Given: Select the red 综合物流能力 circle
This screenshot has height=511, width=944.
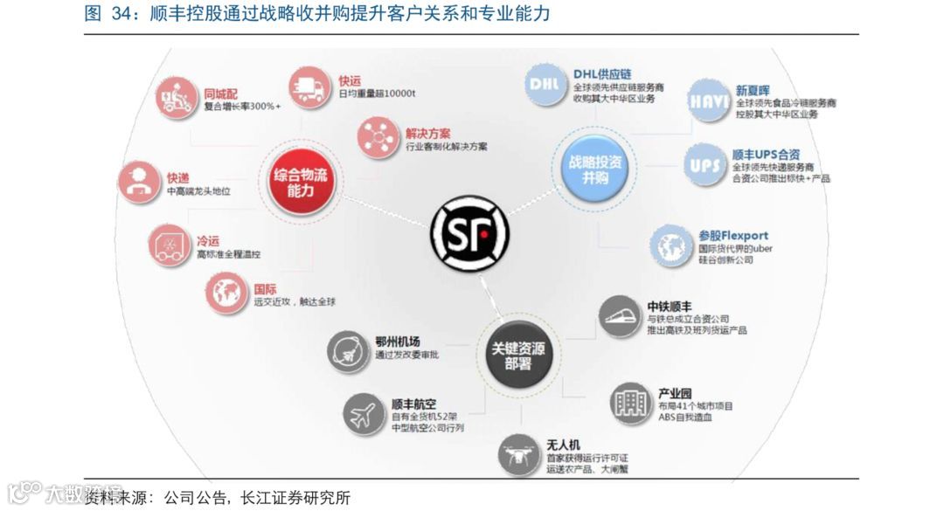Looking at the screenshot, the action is pos(300,182).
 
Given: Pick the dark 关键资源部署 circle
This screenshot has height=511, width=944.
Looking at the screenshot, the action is pos(517,356).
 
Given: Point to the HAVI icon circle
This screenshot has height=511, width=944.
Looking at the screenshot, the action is pos(708,101).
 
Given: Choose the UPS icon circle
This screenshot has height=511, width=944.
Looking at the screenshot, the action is pos(705,164).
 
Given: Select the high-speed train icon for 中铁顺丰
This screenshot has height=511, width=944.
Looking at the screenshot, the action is pos(621,317).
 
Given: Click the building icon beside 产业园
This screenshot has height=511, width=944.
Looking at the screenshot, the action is pos(631,404).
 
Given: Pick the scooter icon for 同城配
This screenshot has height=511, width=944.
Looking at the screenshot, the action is pos(177,98).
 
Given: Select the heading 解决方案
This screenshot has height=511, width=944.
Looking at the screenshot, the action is pos(428,134).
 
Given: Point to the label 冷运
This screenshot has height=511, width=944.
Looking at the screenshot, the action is pos(207,240).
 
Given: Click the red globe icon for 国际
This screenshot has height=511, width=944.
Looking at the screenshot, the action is pos(227,293).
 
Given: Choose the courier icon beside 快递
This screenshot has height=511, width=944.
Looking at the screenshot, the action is pos(139,182).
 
